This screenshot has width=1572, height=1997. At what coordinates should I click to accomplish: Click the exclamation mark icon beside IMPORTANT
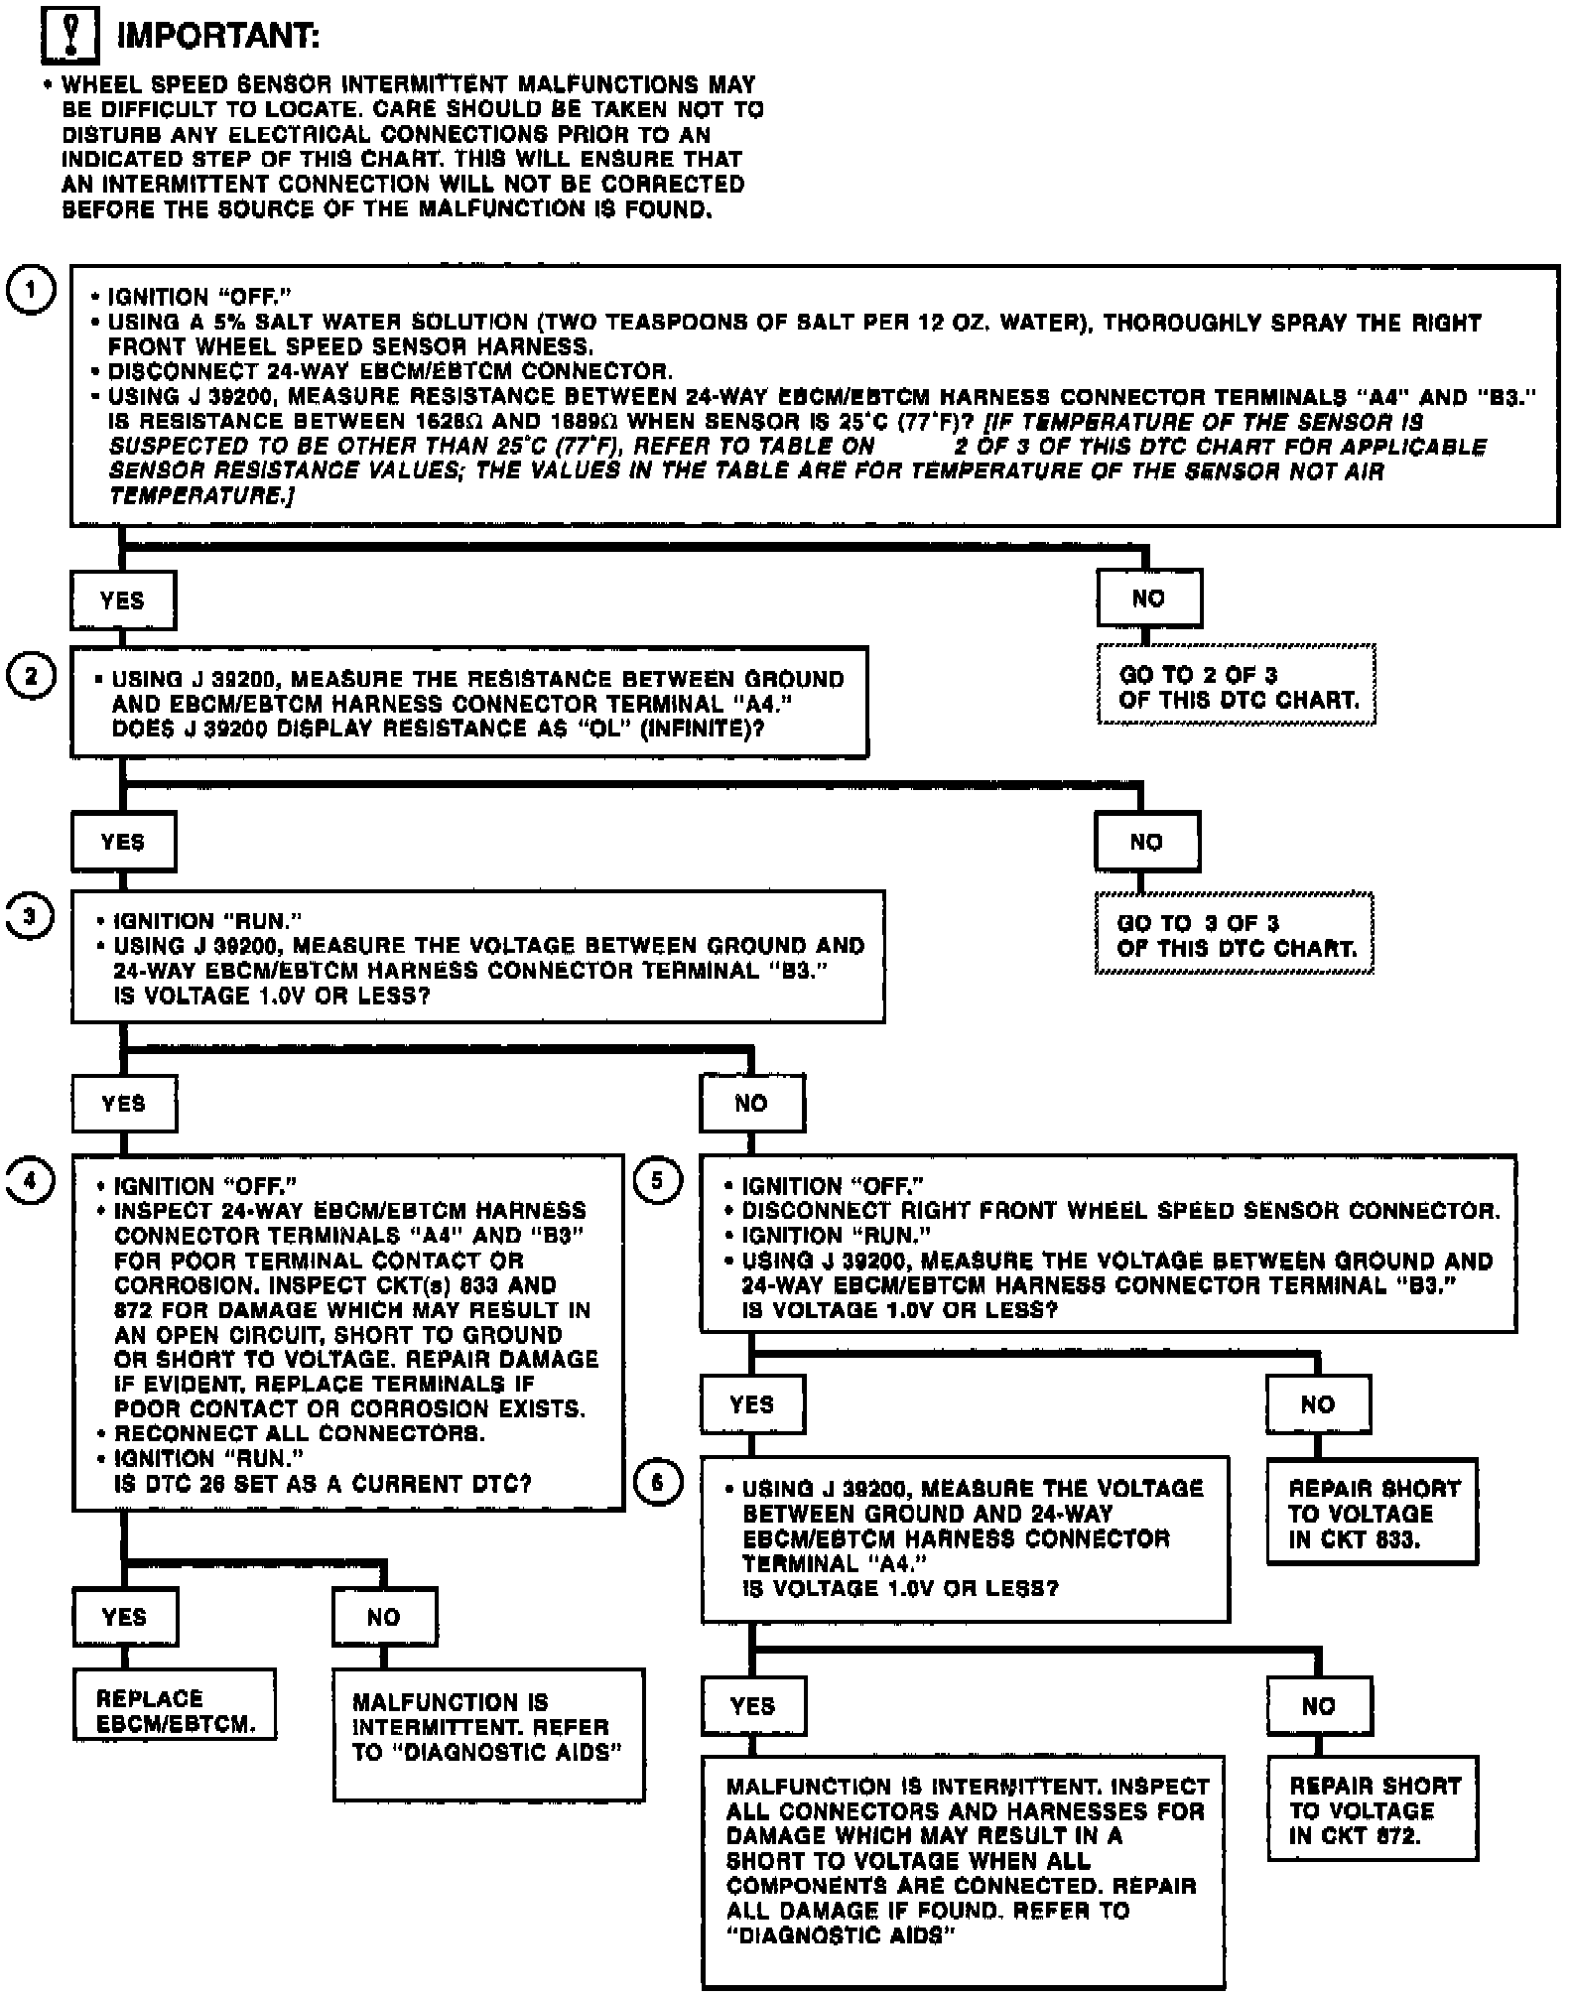(69, 37)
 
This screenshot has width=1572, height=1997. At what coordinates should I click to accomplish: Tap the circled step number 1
(31, 290)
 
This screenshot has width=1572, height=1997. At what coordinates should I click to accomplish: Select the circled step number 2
(31, 676)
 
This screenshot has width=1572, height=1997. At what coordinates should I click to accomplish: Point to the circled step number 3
(29, 916)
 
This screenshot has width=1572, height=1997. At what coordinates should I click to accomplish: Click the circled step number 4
(31, 1181)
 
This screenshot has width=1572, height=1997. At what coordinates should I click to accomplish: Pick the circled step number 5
(658, 1181)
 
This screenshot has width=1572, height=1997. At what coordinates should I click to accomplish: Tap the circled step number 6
(658, 1483)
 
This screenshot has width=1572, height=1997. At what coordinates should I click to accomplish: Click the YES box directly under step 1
(123, 600)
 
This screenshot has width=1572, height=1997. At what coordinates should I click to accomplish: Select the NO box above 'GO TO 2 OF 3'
(1149, 599)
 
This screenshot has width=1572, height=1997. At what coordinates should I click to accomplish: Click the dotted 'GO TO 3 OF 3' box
(1235, 934)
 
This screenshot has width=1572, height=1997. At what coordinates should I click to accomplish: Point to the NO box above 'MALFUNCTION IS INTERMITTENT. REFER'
(384, 1618)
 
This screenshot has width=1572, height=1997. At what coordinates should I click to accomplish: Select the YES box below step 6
(753, 1706)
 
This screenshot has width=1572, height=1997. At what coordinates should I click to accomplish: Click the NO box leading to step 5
(752, 1104)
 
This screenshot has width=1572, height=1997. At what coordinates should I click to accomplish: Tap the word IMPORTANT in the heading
(218, 37)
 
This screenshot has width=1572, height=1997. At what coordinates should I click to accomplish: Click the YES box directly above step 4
(124, 1104)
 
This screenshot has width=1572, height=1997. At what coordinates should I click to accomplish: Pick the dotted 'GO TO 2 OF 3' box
(1237, 686)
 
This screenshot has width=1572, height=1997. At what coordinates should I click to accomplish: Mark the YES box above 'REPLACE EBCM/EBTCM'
(125, 1618)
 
